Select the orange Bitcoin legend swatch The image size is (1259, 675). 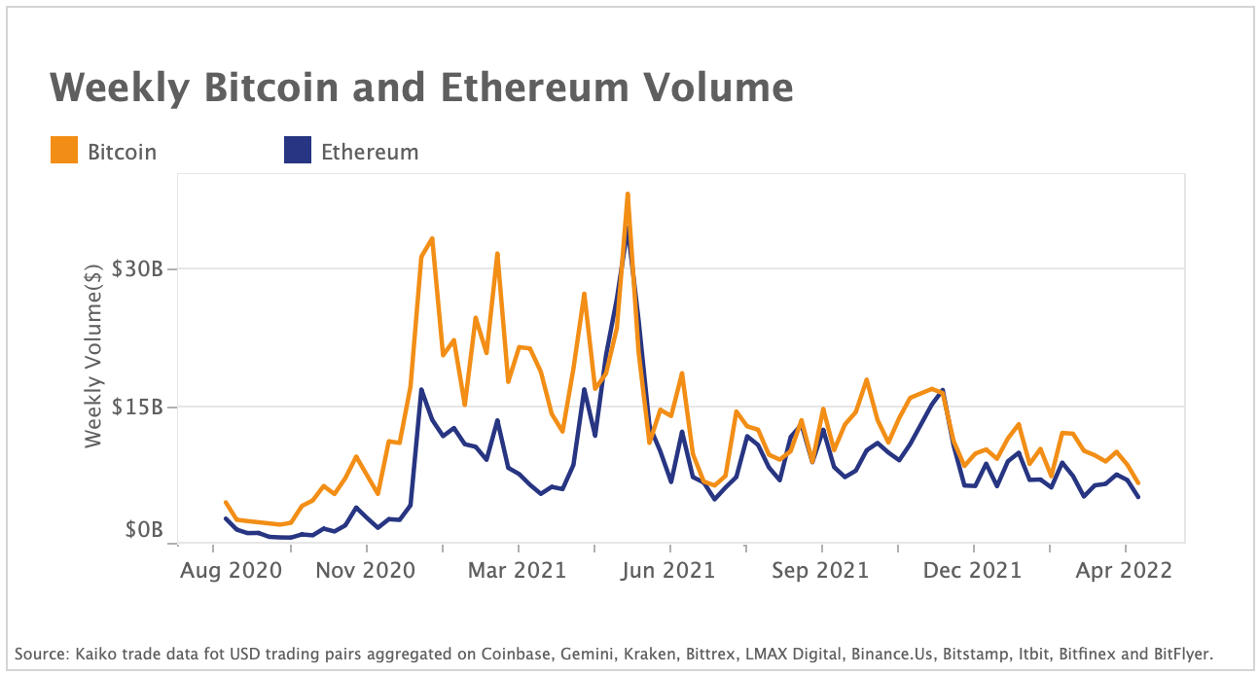click(x=64, y=151)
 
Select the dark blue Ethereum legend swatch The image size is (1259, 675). click(x=297, y=151)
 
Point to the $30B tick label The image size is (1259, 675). click(x=137, y=268)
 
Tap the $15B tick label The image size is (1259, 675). click(x=137, y=407)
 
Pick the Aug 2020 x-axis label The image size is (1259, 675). click(x=232, y=570)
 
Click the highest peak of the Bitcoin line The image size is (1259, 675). click(x=628, y=195)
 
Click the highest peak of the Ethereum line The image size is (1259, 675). click(x=628, y=230)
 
